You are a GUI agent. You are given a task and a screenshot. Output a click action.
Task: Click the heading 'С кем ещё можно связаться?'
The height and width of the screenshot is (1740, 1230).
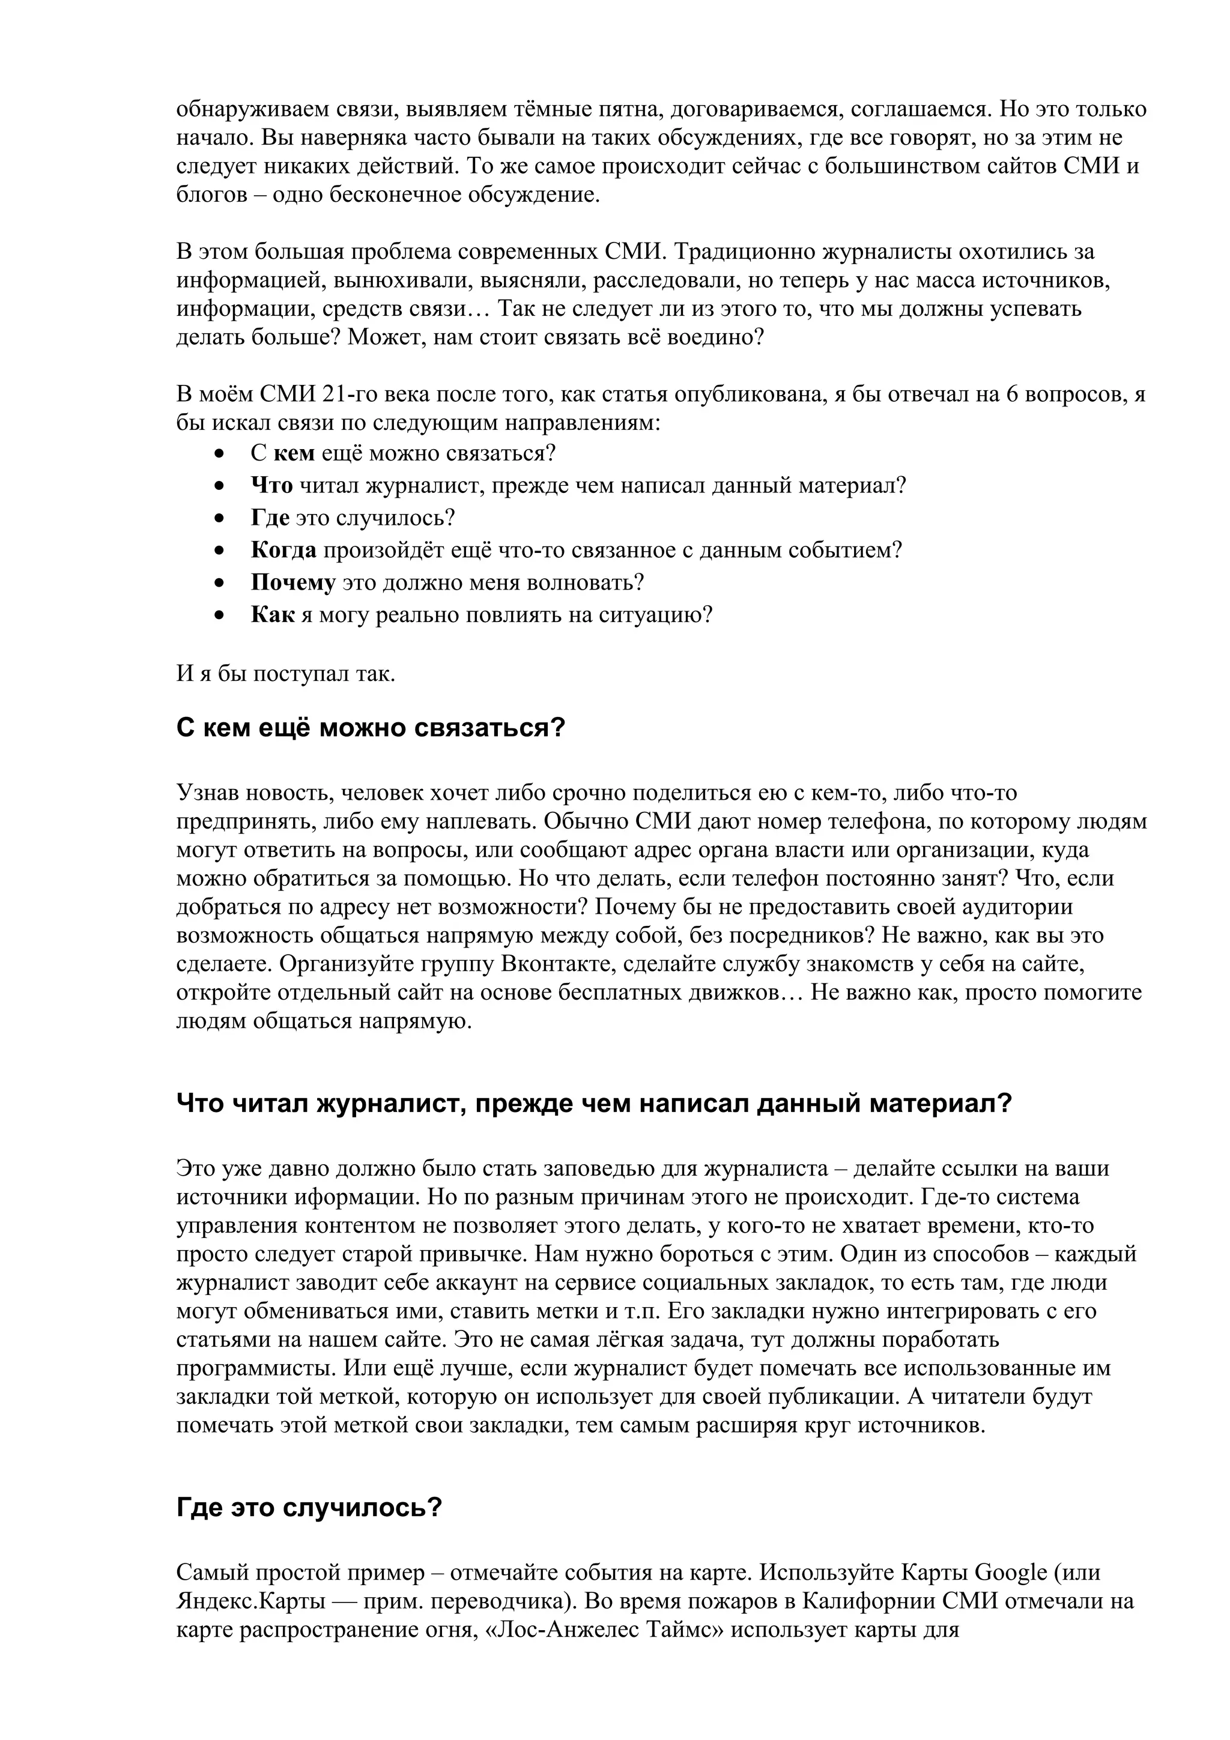tap(371, 728)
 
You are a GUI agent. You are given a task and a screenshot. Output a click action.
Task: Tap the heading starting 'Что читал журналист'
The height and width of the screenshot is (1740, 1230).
tap(594, 1102)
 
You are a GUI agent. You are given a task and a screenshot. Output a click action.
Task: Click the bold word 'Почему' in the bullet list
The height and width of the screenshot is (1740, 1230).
tap(293, 583)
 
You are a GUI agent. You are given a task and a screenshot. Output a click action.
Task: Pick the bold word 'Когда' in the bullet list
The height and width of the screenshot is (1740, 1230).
tap(283, 550)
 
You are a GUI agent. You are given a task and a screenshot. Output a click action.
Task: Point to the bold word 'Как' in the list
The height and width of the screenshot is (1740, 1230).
tap(272, 615)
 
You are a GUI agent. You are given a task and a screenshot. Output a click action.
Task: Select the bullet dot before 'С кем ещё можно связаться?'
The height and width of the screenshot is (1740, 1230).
tap(220, 455)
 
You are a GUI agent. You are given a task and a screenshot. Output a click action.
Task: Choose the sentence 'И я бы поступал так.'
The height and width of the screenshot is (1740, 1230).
tap(286, 674)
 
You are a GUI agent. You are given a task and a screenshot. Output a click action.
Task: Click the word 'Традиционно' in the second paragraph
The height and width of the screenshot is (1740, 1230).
tap(744, 252)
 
